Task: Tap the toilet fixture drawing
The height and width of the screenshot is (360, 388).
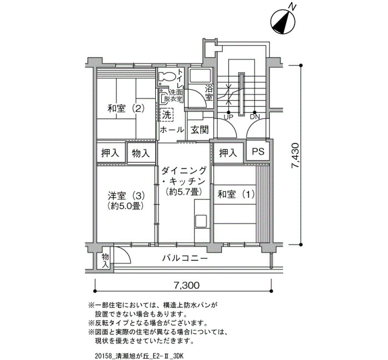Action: point(166,76)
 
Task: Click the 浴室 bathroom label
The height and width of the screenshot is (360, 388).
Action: point(209,92)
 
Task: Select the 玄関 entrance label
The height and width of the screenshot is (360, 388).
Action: point(200,130)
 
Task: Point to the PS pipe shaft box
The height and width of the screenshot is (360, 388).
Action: point(258,151)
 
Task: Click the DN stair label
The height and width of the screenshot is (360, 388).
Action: point(255,117)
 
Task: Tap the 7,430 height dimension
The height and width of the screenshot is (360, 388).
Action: point(295,155)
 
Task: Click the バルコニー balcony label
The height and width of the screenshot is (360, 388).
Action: point(185,259)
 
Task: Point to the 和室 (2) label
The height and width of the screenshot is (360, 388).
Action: point(126,109)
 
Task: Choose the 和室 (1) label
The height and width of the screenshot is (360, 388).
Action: point(236,194)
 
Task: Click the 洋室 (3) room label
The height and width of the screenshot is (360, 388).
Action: point(126,196)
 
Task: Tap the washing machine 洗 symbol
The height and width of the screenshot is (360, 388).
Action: point(166,115)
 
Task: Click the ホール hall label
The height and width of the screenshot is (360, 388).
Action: point(172,130)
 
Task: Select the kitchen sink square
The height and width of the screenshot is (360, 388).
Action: point(201,221)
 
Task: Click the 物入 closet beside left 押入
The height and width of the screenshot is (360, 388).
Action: point(141,153)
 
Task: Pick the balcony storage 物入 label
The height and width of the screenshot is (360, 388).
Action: point(106,260)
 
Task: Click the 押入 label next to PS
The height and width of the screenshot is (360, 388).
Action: point(228,153)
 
